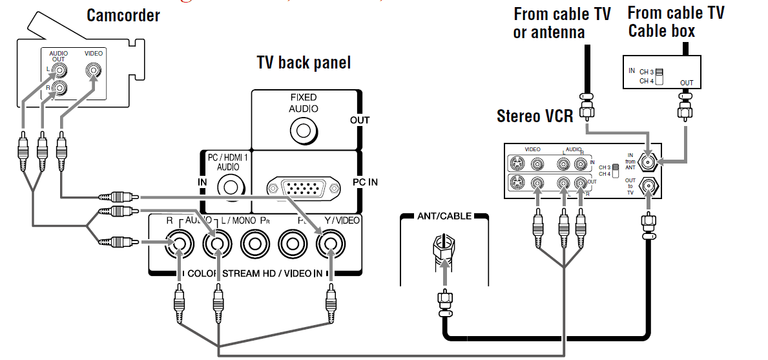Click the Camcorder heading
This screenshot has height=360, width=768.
tap(123, 15)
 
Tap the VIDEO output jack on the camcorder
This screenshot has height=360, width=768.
tap(94, 70)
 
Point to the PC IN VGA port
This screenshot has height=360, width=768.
tap(303, 188)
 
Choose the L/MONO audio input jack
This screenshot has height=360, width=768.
tap(216, 245)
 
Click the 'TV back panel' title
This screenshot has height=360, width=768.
tap(304, 62)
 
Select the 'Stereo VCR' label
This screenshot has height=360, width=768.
tap(535, 116)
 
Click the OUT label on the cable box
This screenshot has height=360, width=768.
tap(687, 83)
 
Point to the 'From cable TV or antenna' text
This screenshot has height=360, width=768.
tap(561, 23)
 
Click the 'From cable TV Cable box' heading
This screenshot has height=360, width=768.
tap(675, 21)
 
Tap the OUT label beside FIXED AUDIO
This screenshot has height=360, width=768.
tap(360, 120)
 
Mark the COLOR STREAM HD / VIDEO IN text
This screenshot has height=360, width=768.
tap(255, 273)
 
